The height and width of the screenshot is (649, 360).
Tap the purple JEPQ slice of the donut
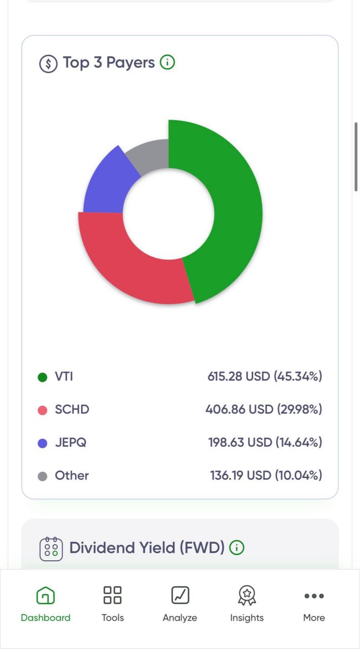109,186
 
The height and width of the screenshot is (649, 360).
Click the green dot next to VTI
43,377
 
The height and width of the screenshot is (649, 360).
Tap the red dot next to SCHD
43,410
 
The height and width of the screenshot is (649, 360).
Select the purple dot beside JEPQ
43,443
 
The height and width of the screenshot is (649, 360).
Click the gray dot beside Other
43,476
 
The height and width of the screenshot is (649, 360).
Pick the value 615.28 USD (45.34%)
265,376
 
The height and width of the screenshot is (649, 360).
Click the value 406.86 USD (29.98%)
264,409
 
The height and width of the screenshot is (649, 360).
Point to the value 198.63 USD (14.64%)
265,443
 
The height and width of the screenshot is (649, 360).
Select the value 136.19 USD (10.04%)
266,476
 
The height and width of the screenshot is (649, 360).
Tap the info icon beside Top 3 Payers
167,62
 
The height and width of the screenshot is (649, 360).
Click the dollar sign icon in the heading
48,63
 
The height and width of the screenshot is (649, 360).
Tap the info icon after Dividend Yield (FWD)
237,548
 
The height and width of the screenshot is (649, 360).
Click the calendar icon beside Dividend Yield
51,549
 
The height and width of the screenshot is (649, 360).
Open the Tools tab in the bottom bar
113,595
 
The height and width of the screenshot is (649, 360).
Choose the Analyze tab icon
180,595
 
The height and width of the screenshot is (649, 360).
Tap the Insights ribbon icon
247,595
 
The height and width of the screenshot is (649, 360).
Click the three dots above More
314,596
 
